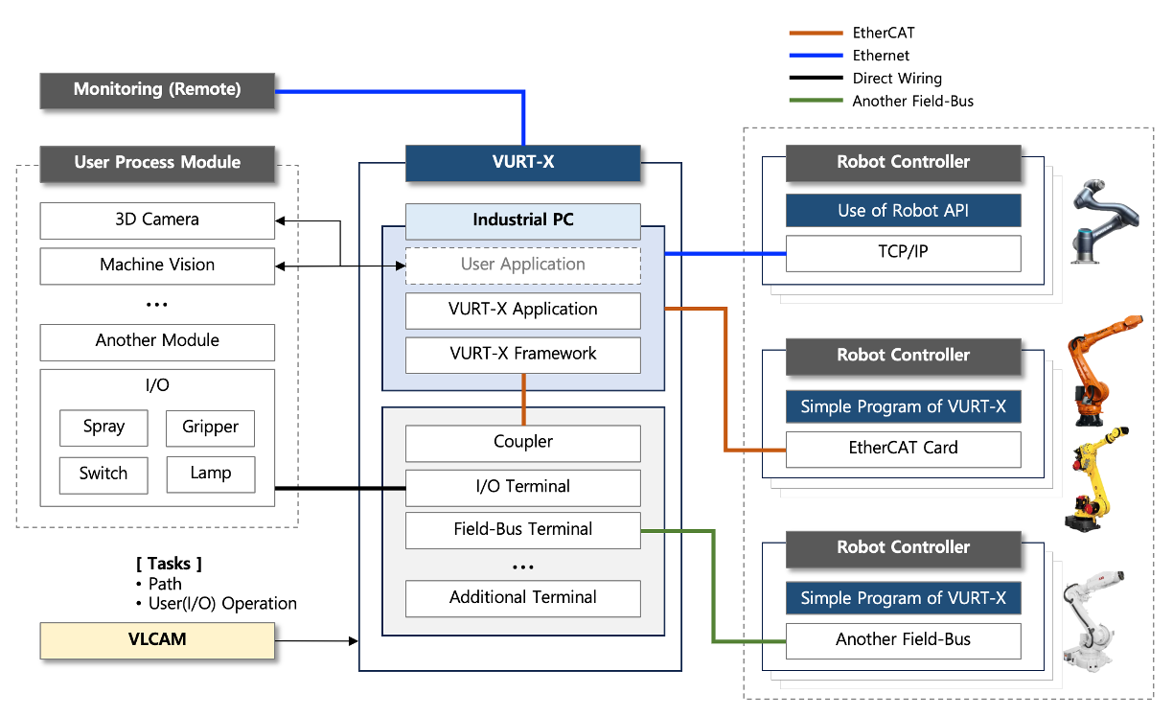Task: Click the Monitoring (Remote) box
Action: point(157,90)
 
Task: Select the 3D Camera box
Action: point(157,220)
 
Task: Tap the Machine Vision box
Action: point(157,266)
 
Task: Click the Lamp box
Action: point(210,474)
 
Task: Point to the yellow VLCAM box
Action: point(157,640)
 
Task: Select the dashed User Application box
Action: point(522,266)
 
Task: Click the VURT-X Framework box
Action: point(522,355)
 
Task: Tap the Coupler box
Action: point(522,443)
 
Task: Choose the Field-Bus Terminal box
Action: point(522,530)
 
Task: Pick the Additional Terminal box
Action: point(522,598)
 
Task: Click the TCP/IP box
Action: point(903,254)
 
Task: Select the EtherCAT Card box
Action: point(903,449)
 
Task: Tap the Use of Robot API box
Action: point(903,211)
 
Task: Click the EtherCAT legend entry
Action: point(883,34)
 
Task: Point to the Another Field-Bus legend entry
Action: point(911,102)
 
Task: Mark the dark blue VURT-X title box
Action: point(522,163)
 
